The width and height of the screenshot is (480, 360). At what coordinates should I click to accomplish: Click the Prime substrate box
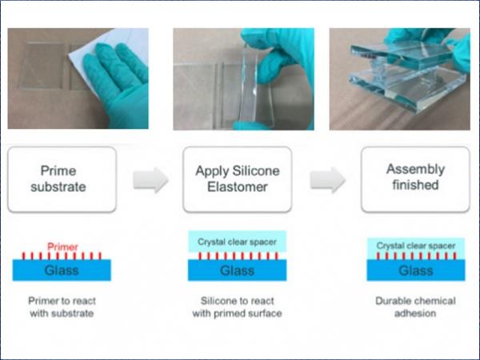[x=62, y=179]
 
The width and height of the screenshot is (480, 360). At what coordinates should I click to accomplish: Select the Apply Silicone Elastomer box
[x=238, y=179]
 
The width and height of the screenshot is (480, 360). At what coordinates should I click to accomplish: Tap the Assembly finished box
[x=415, y=179]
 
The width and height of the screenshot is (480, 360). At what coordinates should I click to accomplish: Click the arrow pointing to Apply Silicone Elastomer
[x=150, y=180]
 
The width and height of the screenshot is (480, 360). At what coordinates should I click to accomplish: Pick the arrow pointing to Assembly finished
[x=327, y=180]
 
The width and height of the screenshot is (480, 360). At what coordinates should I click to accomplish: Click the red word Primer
[x=62, y=246]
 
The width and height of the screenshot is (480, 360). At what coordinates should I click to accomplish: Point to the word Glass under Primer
[x=62, y=270]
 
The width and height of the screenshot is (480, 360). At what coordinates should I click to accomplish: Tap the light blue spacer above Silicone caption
[x=238, y=242]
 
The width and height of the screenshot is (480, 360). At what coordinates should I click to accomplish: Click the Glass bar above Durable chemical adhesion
[x=416, y=270]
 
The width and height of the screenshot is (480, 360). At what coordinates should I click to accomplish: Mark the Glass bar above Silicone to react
[x=238, y=270]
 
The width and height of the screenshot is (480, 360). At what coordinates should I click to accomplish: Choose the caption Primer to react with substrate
[x=62, y=307]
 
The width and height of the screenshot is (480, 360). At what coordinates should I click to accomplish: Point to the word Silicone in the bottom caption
[x=216, y=301]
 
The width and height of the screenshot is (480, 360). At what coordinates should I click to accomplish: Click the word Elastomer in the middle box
[x=238, y=186]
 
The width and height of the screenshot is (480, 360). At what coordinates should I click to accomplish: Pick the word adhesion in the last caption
[x=415, y=314]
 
